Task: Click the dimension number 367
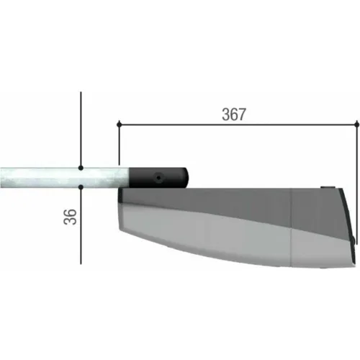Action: click(x=234, y=114)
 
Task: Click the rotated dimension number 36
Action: click(x=70, y=217)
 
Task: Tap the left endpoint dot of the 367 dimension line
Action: click(x=119, y=125)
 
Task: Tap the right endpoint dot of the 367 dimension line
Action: click(x=356, y=125)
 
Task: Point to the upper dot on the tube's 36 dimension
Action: click(x=81, y=168)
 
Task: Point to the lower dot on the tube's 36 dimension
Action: click(x=81, y=186)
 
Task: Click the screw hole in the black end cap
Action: click(x=158, y=178)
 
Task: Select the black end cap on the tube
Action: click(x=158, y=178)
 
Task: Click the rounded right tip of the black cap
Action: click(x=187, y=178)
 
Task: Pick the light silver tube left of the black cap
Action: click(x=64, y=178)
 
